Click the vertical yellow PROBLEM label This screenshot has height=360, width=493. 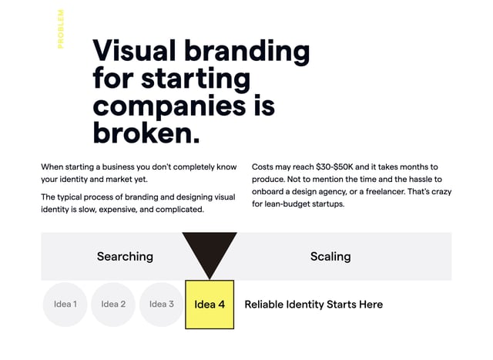(x=61, y=29)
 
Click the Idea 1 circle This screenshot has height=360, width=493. (x=65, y=304)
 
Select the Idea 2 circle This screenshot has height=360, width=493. (x=113, y=304)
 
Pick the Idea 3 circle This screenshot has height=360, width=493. (x=161, y=304)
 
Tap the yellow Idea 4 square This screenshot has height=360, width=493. (x=210, y=304)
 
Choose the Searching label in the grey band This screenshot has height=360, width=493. (x=125, y=257)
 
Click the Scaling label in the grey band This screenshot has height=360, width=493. (x=330, y=257)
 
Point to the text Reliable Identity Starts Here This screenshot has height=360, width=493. (x=314, y=304)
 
